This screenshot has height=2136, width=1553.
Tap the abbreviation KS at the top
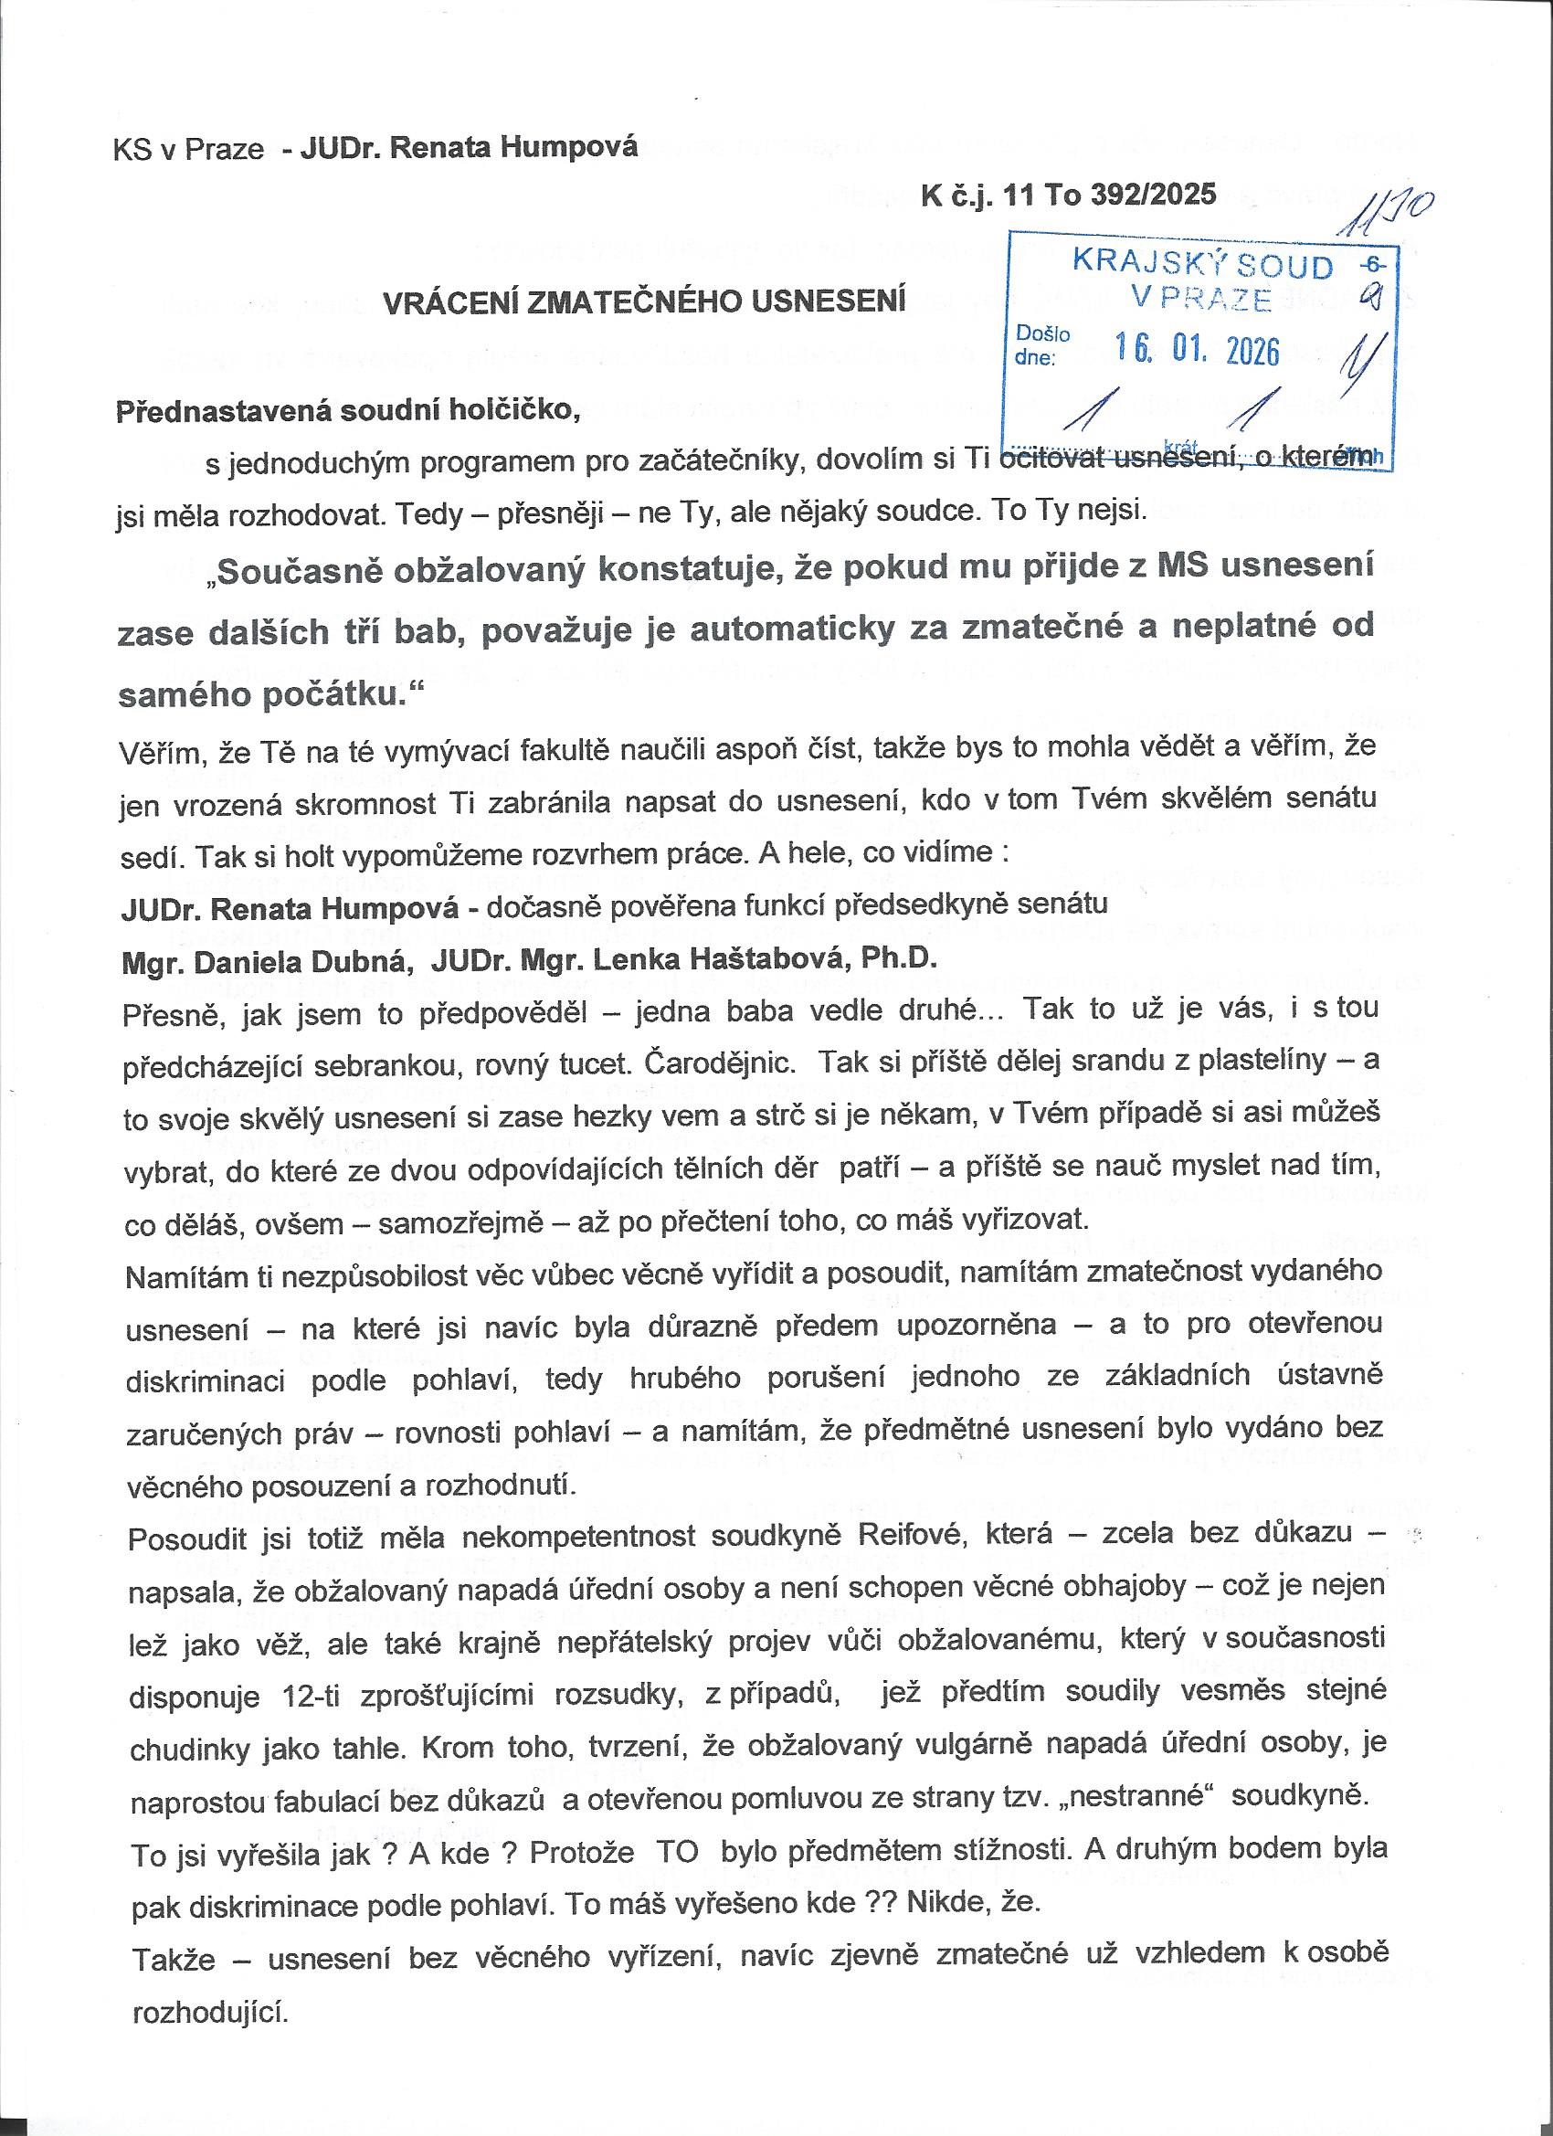point(132,151)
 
